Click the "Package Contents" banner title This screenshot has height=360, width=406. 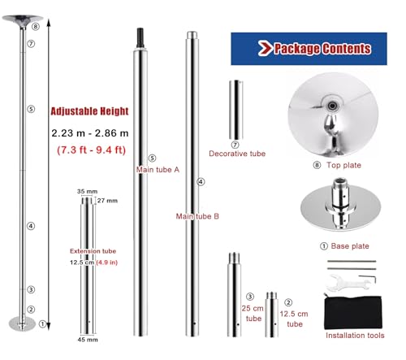click(x=322, y=49)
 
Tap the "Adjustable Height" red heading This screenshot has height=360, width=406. click(x=89, y=111)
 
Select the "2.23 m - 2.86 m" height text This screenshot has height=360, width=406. click(x=90, y=133)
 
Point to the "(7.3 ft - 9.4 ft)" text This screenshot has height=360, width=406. click(x=92, y=150)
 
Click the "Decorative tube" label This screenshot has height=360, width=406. click(x=237, y=154)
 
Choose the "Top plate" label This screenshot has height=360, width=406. click(x=343, y=165)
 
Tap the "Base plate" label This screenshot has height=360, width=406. click(x=350, y=246)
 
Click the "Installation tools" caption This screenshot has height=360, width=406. click(x=355, y=336)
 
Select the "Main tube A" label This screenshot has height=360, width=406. click(x=158, y=170)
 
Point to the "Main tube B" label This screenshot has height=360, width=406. click(x=197, y=216)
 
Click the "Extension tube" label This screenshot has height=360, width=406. click(x=93, y=251)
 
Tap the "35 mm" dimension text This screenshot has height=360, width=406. click(x=87, y=192)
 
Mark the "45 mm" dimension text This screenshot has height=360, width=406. click(x=88, y=340)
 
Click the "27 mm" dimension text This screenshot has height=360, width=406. click(x=107, y=201)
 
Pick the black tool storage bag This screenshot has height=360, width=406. click(x=353, y=311)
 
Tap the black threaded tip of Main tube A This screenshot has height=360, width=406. click(x=140, y=37)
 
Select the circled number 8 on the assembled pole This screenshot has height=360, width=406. click(x=36, y=27)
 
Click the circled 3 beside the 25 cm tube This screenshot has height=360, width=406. click(x=250, y=297)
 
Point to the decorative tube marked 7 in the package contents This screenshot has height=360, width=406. click(x=235, y=110)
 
